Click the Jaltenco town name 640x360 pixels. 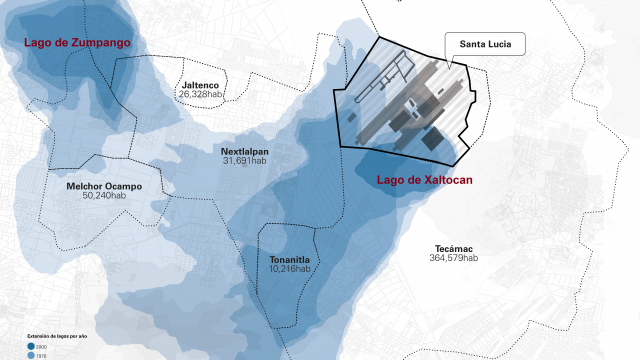tap(200, 85)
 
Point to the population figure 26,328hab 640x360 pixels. tap(200, 95)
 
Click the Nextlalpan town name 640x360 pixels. tap(245, 151)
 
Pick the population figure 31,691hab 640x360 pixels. tap(245, 161)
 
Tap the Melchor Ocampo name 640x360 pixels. tap(104, 186)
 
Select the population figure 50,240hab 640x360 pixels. tap(104, 196)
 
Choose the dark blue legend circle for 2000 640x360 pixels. tap(30, 346)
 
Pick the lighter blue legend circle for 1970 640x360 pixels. tap(30, 355)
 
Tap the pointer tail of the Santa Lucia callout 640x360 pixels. tap(451, 65)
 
